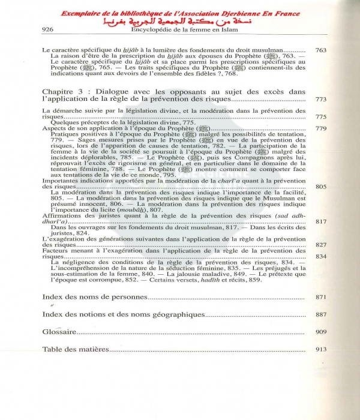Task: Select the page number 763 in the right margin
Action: (x=321, y=51)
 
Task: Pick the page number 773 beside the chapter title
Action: (x=321, y=99)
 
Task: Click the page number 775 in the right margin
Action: (x=321, y=117)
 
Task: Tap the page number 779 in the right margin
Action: (x=321, y=128)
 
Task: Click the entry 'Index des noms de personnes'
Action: (x=95, y=297)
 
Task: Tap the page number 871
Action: (x=321, y=298)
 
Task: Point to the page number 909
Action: (x=321, y=332)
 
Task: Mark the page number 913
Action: (x=321, y=349)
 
